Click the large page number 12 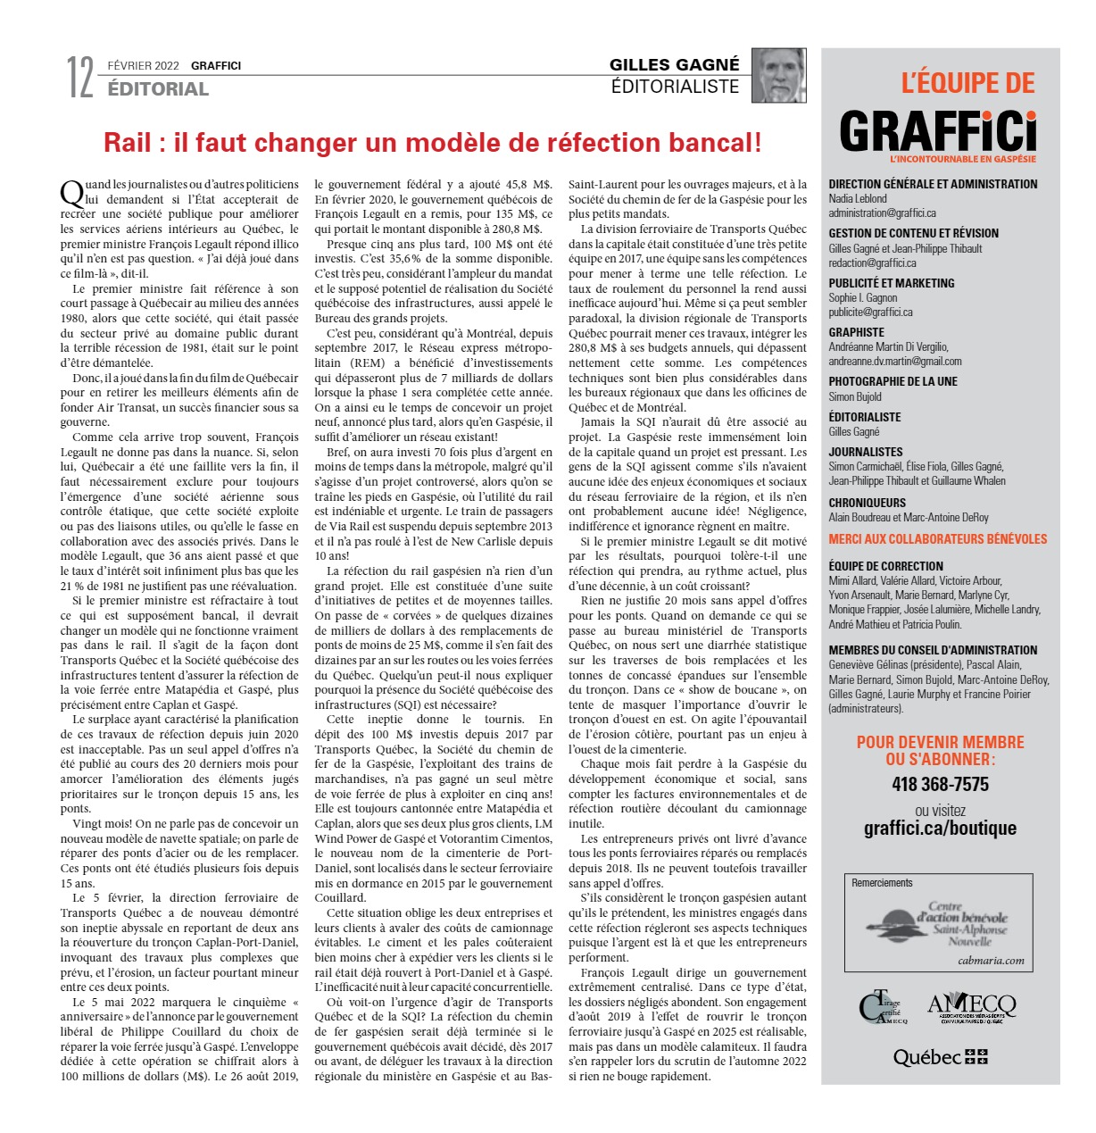pos(80,78)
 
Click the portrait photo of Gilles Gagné pos(778,75)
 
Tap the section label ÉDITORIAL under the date pos(158,89)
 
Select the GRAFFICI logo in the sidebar pos(938,133)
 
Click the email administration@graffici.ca pos(882,213)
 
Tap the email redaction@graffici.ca pos(872,263)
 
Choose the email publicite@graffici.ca pos(870,312)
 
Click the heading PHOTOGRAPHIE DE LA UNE pos(893,381)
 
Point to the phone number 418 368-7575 pos(940,784)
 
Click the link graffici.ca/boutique pos(940,828)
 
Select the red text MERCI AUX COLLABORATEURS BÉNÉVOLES pos(937,539)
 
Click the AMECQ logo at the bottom pos(971,1007)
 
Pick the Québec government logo pos(940,1057)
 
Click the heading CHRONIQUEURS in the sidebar pos(867,503)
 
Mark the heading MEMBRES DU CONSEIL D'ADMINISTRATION pos(933,650)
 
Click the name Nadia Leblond pos(858,199)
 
